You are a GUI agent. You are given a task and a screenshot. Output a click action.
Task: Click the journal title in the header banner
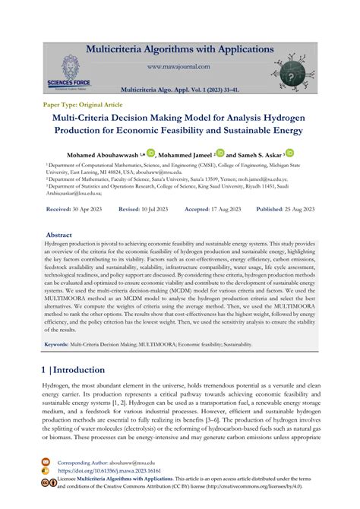tap(179, 51)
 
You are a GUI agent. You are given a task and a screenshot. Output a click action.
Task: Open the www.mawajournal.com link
tap(179, 66)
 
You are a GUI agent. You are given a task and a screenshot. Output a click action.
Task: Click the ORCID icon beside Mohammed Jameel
tap(220, 153)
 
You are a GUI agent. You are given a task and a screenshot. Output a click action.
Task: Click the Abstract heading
tap(59, 236)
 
